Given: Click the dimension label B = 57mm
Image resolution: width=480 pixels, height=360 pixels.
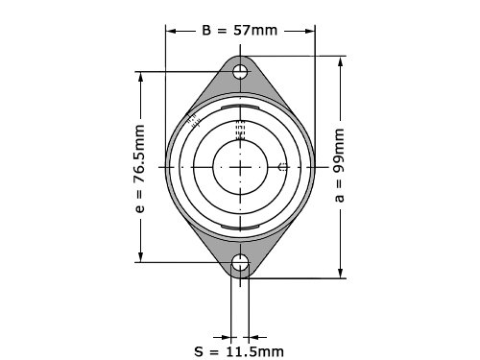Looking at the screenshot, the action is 239,31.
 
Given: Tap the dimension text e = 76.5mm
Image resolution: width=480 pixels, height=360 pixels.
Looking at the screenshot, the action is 139,169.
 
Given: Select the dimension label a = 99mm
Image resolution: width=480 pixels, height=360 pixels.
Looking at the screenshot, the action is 339,165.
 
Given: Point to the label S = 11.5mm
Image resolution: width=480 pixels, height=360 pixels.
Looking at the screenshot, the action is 239,351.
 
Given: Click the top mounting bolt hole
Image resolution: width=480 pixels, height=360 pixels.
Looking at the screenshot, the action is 240,72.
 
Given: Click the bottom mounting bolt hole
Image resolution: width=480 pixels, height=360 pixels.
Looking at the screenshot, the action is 240,263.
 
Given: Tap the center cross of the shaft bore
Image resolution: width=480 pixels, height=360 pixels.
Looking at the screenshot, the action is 240,167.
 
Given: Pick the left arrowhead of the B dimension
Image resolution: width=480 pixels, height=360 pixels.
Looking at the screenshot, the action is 171,31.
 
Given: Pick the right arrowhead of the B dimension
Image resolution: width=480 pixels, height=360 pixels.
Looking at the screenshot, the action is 310,31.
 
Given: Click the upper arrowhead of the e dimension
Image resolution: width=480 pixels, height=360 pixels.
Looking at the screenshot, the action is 140,77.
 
